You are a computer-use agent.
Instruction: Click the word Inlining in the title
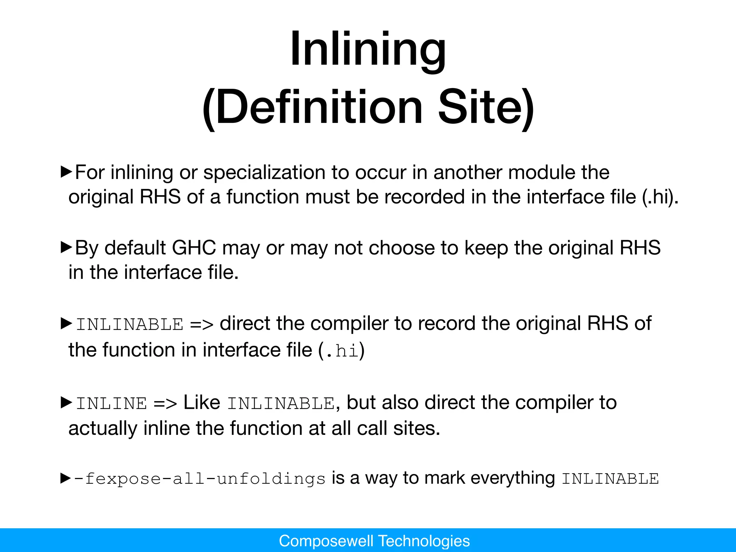click(x=368, y=49)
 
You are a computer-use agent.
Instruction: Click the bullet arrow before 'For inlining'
click(x=66, y=172)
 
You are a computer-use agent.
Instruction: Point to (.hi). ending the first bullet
click(x=660, y=197)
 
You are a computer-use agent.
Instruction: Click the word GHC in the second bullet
click(x=194, y=248)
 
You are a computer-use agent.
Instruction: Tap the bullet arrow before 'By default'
click(x=66, y=247)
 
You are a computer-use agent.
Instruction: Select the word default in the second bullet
click(x=135, y=248)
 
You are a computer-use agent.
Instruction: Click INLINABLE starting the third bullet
click(x=130, y=325)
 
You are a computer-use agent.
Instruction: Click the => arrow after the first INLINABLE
click(x=202, y=325)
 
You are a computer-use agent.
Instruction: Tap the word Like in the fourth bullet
click(x=202, y=402)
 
